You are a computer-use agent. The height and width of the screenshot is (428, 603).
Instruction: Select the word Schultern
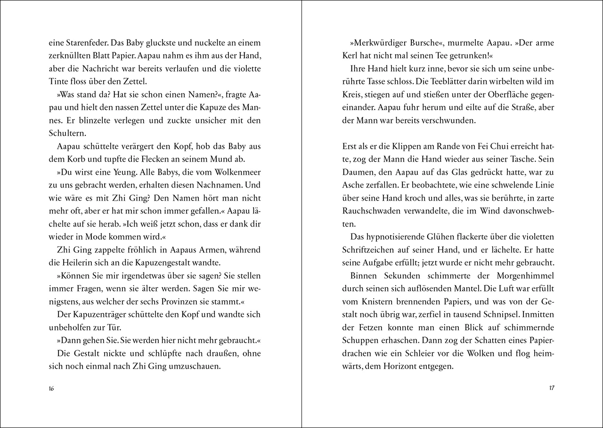(67, 133)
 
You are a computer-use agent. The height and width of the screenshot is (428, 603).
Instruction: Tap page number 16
(52, 388)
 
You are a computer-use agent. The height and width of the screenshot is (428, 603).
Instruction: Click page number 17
(552, 388)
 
